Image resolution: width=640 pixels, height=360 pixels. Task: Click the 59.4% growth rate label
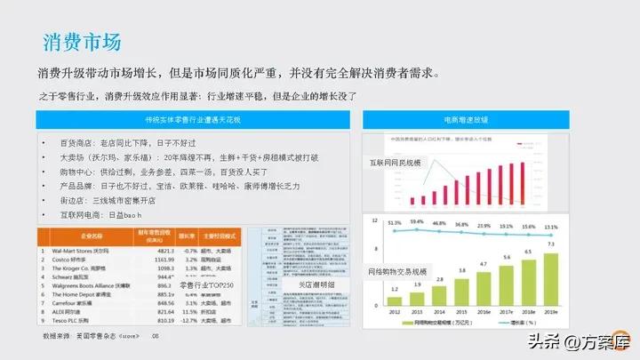417,221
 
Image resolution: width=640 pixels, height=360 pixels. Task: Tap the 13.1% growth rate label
551,226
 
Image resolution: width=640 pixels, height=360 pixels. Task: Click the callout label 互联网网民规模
396,163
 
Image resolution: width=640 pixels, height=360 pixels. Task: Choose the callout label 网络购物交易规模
397,271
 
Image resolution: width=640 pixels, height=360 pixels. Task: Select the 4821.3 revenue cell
164,252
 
